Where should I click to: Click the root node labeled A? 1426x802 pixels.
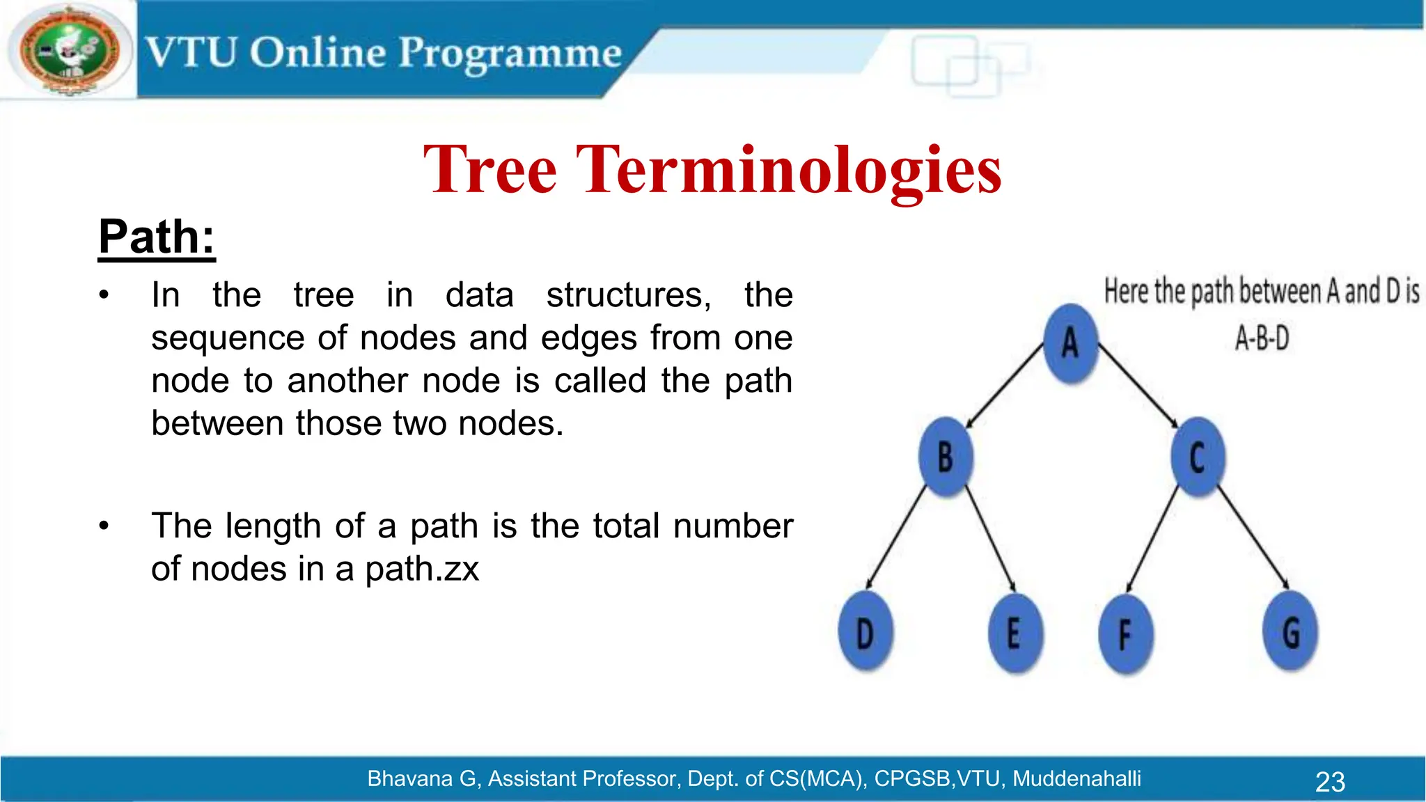click(x=1071, y=343)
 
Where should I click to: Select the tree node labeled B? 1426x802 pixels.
click(x=946, y=457)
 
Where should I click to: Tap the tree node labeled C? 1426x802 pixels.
click(x=1198, y=457)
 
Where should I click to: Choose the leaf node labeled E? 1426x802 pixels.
click(x=1014, y=633)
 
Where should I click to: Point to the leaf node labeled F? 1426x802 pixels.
click(x=1125, y=634)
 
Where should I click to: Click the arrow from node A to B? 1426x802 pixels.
click(x=1005, y=386)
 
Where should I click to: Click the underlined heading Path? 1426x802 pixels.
click(x=157, y=237)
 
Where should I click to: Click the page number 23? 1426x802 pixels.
click(x=1329, y=782)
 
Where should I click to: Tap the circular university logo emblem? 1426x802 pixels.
click(x=68, y=51)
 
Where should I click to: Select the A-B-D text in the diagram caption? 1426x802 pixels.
click(x=1262, y=339)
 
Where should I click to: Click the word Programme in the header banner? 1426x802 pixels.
click(x=510, y=54)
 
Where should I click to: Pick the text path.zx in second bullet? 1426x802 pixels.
click(x=422, y=569)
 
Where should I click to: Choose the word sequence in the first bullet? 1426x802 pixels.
click(x=228, y=338)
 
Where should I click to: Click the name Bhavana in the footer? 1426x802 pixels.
click(x=410, y=778)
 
